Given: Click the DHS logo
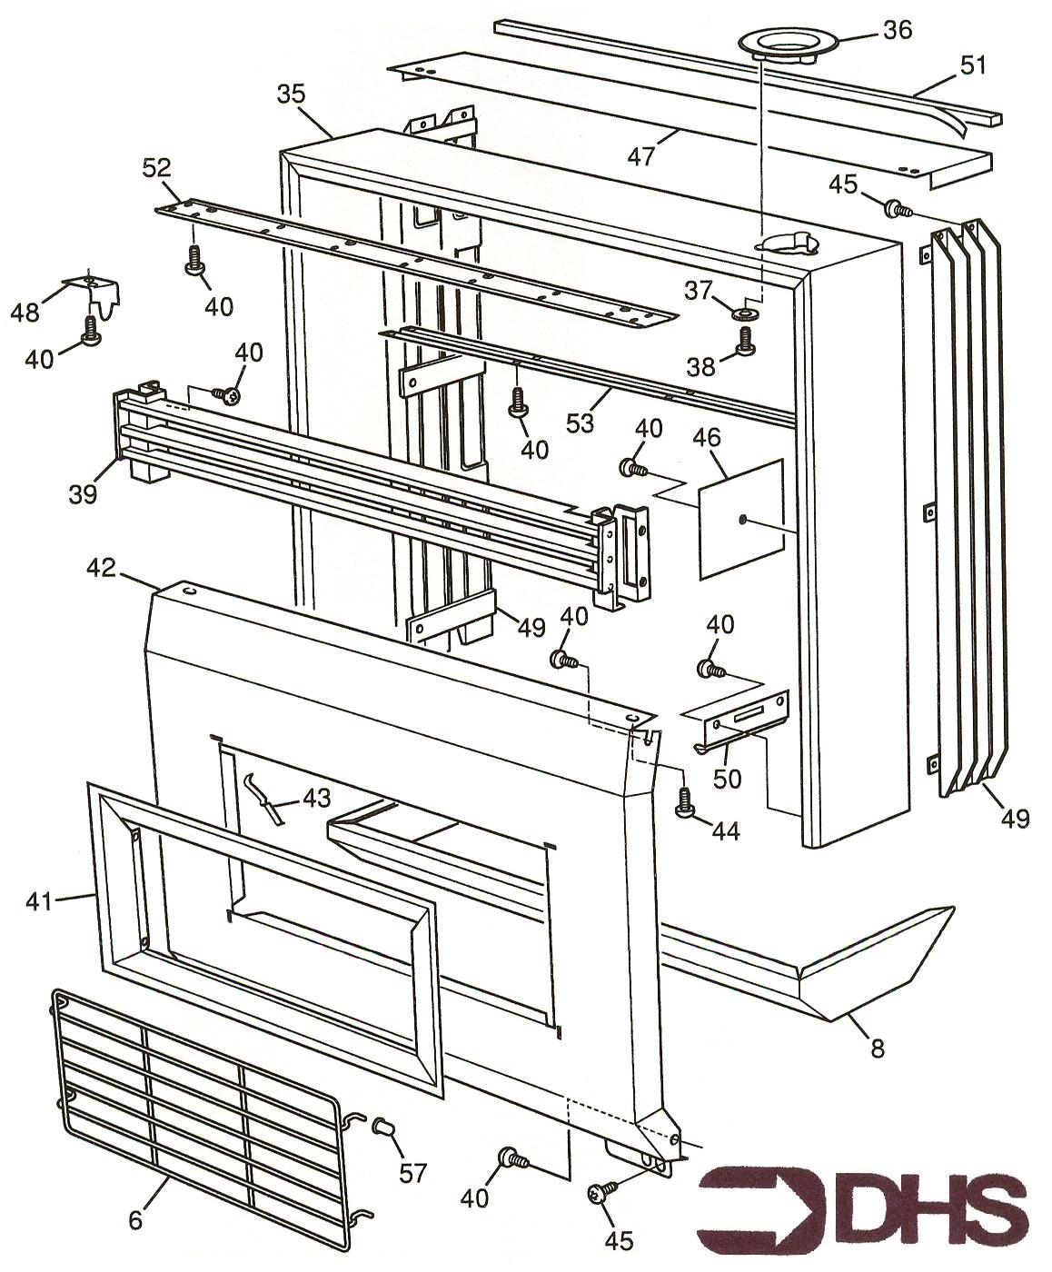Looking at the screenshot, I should coord(863,1216).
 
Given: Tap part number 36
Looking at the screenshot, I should coord(897,30).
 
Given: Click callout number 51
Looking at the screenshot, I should coord(973,65).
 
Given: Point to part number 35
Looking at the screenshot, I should coord(292,94).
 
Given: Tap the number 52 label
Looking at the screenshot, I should coord(156,167).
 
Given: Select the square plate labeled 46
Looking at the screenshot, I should coord(740,518).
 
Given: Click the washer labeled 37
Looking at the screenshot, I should coord(747,314).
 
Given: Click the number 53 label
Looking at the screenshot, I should coord(579,422).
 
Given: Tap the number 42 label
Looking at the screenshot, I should coord(102,568).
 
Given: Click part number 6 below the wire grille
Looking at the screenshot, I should coord(135,1219).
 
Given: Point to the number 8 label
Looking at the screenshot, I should coord(877,1048).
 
